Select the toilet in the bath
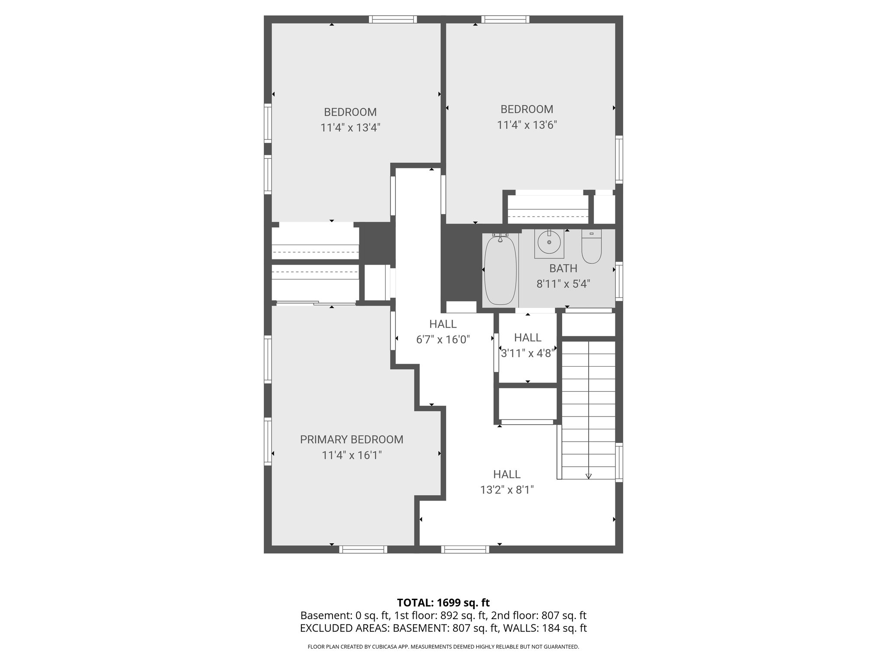coord(591,248)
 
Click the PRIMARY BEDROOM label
coord(351,439)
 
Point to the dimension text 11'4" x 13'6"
coord(527,125)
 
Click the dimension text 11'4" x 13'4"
coord(350,128)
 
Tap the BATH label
coord(563,268)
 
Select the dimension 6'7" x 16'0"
coord(443,340)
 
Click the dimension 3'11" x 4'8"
coord(528,353)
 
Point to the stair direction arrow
coord(589,475)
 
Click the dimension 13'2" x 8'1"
coord(507,490)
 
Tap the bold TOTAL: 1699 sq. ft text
coord(443,603)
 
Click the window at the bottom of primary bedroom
coord(363,549)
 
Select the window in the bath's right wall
coord(619,281)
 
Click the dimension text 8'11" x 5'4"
coord(563,284)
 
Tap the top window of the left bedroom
coord(393,19)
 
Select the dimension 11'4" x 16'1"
coord(351,455)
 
